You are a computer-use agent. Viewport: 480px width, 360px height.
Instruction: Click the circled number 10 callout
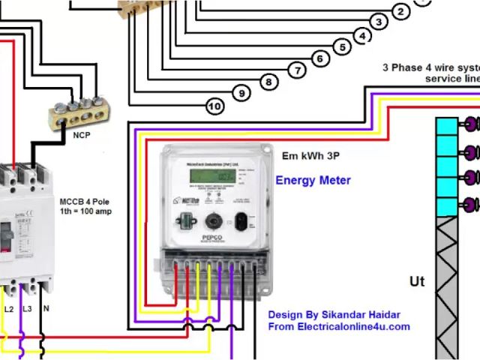[215, 106]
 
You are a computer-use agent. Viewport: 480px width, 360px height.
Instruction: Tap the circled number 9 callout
[241, 93]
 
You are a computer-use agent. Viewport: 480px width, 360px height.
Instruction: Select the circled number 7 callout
[298, 70]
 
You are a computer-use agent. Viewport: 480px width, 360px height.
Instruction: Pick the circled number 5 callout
[343, 47]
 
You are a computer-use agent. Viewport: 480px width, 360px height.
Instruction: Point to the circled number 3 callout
[380, 22]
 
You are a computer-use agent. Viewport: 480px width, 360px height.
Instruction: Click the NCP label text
[82, 136]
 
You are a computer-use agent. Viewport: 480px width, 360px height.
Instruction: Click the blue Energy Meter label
[313, 180]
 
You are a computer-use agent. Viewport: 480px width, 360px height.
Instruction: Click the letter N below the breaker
[46, 309]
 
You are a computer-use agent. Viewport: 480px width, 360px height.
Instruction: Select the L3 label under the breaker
[28, 309]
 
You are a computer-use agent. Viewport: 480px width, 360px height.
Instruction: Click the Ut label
[417, 281]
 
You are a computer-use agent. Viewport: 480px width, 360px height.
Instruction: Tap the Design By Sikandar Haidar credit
[334, 314]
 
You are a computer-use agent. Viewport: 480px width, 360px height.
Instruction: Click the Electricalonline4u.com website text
[339, 326]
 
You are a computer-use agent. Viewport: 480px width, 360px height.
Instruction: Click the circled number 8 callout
[268, 82]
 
